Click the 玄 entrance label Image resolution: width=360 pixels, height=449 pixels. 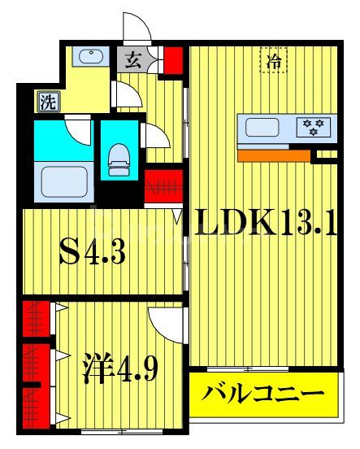point(131,59)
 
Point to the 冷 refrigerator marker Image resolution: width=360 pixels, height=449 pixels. point(273,59)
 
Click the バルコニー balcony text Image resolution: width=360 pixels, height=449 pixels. point(264,396)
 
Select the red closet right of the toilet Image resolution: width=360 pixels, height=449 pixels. point(161,185)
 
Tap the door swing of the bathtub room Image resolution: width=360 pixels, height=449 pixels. point(78,129)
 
